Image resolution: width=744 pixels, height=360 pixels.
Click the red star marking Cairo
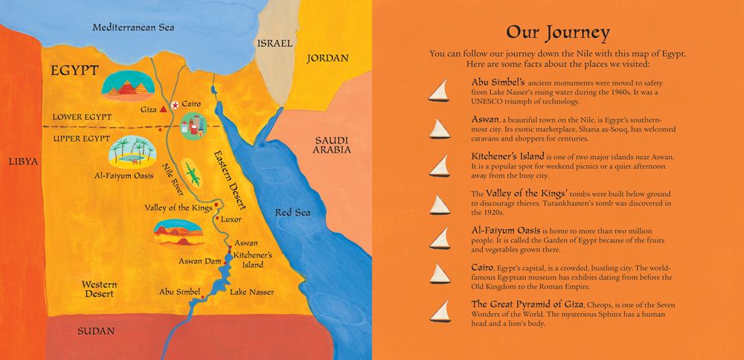coord(175,106)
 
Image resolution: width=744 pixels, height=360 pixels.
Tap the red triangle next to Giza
coord(161,109)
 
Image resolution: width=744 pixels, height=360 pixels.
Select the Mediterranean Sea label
coord(133,28)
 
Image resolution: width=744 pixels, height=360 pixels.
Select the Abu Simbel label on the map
coord(179,292)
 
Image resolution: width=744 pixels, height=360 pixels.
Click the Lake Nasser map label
coord(252,292)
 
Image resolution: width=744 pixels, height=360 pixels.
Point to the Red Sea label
coord(292,213)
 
